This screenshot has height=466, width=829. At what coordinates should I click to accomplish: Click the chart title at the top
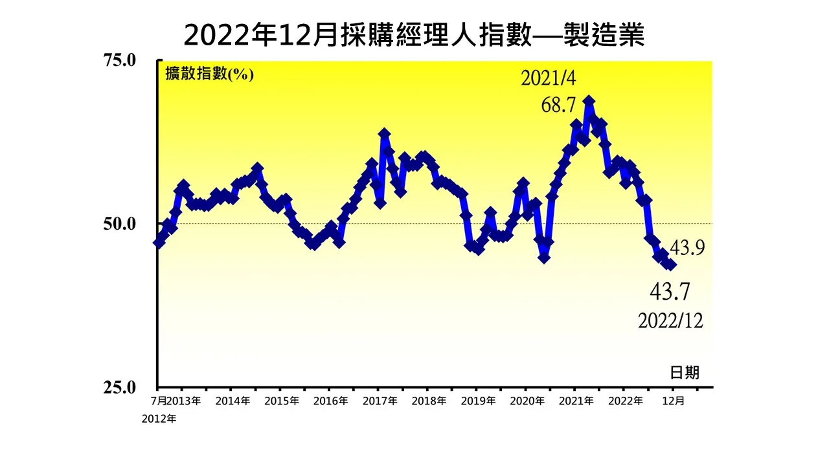[x=414, y=35]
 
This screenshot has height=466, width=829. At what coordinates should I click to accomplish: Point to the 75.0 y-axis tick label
[x=120, y=60]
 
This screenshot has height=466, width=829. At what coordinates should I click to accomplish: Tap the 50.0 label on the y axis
[x=120, y=224]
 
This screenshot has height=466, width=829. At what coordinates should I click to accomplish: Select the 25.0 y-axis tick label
[x=120, y=387]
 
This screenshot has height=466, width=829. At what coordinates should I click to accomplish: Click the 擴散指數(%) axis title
[x=209, y=74]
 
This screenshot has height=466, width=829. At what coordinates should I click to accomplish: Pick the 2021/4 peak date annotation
[x=549, y=78]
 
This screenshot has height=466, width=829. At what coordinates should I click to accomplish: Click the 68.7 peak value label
[x=558, y=105]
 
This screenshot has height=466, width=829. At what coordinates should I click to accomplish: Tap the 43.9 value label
[x=688, y=247]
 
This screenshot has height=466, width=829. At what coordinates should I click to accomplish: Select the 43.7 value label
[x=670, y=292]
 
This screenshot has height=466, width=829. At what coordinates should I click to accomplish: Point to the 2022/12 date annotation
[x=670, y=320]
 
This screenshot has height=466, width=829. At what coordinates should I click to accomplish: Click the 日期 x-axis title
[x=685, y=372]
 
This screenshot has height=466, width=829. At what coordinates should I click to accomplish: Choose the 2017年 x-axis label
[x=380, y=401]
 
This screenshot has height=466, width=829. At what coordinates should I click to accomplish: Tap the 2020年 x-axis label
[x=527, y=401]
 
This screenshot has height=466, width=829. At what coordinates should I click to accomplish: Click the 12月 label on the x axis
[x=673, y=401]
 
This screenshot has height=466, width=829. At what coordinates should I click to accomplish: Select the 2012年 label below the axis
[x=159, y=419]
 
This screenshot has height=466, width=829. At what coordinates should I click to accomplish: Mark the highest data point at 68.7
[x=589, y=101]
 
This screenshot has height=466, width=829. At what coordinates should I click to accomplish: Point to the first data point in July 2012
[x=159, y=243]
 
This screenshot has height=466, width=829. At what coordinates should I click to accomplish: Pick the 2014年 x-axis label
[x=233, y=401]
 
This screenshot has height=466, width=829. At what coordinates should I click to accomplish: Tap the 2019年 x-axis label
[x=478, y=401]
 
